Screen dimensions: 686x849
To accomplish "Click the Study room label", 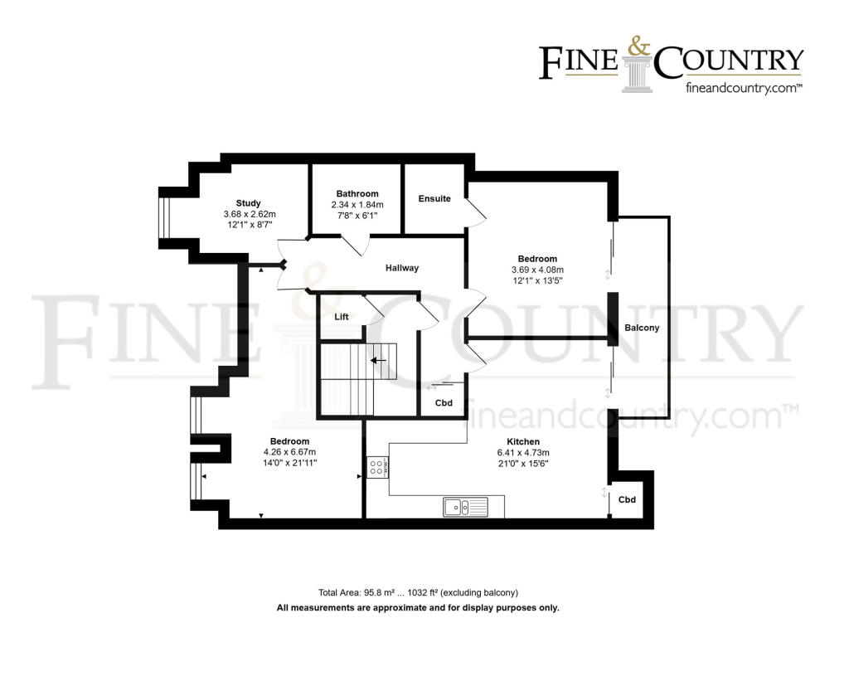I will [x=248, y=203].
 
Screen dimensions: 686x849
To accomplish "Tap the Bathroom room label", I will [x=357, y=194].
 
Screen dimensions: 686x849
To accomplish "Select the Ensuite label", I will [x=434, y=198].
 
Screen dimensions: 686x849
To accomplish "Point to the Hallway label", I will [x=402, y=268].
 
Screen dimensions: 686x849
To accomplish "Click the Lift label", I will [x=341, y=317].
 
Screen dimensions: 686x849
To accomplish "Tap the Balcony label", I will [x=642, y=328].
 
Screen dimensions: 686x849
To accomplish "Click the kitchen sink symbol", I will [x=457, y=506].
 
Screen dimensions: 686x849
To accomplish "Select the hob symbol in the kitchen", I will [x=376, y=468].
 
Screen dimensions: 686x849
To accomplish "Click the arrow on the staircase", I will [x=379, y=361].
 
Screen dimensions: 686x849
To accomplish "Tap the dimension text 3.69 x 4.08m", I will [x=537, y=270].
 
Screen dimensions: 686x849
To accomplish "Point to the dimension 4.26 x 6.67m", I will [x=289, y=452].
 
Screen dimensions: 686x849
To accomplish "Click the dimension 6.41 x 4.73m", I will [x=523, y=452].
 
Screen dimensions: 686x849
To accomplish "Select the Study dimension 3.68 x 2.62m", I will [x=249, y=214].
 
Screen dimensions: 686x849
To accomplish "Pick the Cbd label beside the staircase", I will [x=444, y=403].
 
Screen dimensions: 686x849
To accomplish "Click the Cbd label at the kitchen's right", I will [x=628, y=499].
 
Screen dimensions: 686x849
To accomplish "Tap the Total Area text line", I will [x=418, y=592].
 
